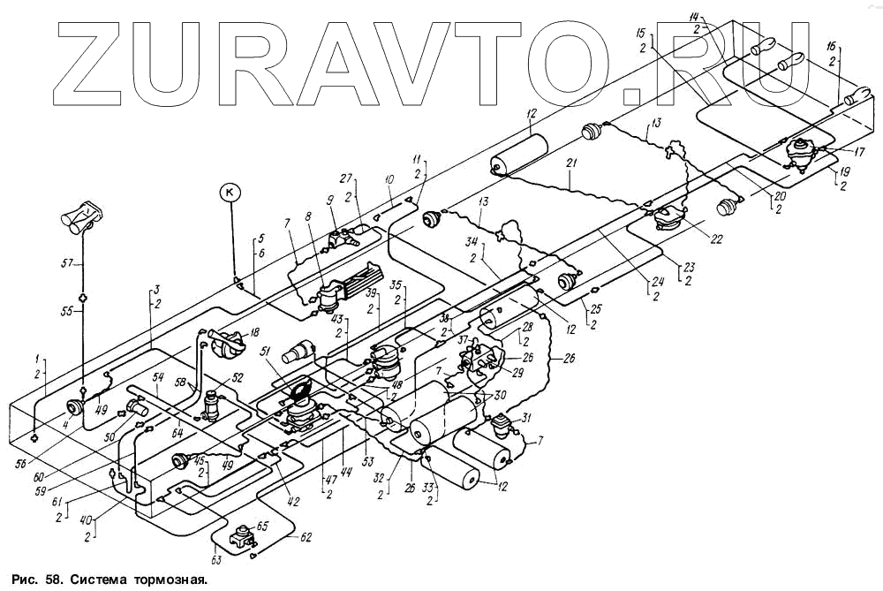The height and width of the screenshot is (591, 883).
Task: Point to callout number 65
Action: (262, 526)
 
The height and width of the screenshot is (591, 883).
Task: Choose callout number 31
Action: (527, 418)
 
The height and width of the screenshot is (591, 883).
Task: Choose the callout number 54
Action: (159, 377)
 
